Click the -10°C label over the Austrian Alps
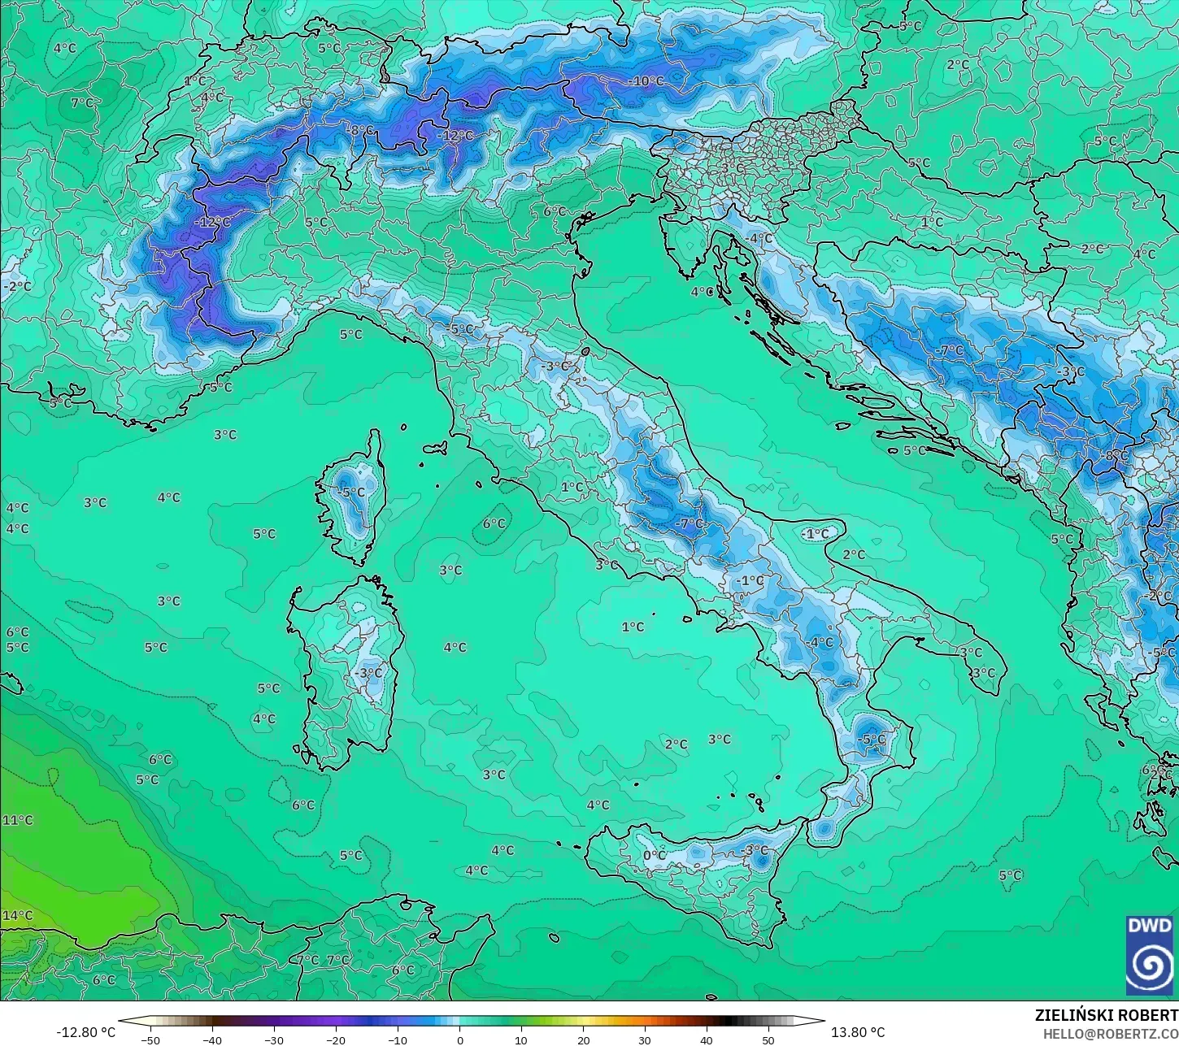point(646,81)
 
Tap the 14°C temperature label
point(17,915)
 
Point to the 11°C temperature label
point(17,820)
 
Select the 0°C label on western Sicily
point(655,855)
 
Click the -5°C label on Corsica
point(351,493)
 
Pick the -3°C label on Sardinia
point(368,673)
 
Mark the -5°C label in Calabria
point(871,739)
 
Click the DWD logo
point(1150,955)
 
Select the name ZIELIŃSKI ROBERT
point(1106,1015)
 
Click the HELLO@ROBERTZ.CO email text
point(1111,1033)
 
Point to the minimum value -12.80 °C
point(85,1032)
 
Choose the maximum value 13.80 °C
point(858,1032)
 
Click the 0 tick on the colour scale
point(459,1039)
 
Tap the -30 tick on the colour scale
point(274,1039)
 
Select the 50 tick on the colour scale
point(768,1039)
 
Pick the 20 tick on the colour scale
point(583,1039)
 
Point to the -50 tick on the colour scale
point(150,1039)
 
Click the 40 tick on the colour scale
point(707,1039)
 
